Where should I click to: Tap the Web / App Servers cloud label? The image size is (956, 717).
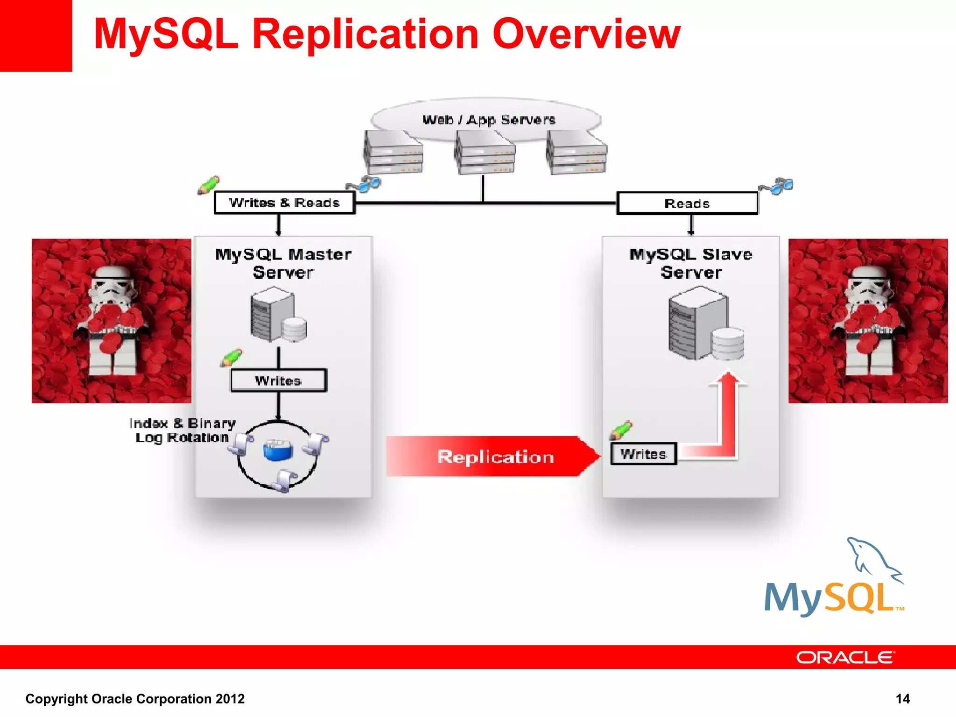[x=488, y=120]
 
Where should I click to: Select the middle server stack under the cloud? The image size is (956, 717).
[x=485, y=153]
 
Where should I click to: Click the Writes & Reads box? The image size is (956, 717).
[x=284, y=203]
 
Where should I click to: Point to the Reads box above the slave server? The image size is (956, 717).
[x=687, y=204]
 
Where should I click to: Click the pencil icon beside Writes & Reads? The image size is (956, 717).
[x=208, y=185]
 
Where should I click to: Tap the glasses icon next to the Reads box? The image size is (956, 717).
[x=777, y=186]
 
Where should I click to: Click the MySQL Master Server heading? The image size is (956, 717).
[x=283, y=263]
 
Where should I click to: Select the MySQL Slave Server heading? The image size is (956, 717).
[x=691, y=263]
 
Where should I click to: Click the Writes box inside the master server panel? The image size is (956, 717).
[x=278, y=381]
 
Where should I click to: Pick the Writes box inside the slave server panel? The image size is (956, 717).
[x=643, y=454]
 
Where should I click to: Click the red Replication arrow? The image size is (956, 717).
[x=493, y=457]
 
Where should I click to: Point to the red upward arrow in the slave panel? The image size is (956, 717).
[x=727, y=411]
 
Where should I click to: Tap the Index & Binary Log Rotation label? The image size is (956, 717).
[x=183, y=430]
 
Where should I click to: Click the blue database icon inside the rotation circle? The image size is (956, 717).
[x=277, y=450]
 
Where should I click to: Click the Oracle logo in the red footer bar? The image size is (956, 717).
[x=845, y=657]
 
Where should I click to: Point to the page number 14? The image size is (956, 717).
[x=902, y=699]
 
